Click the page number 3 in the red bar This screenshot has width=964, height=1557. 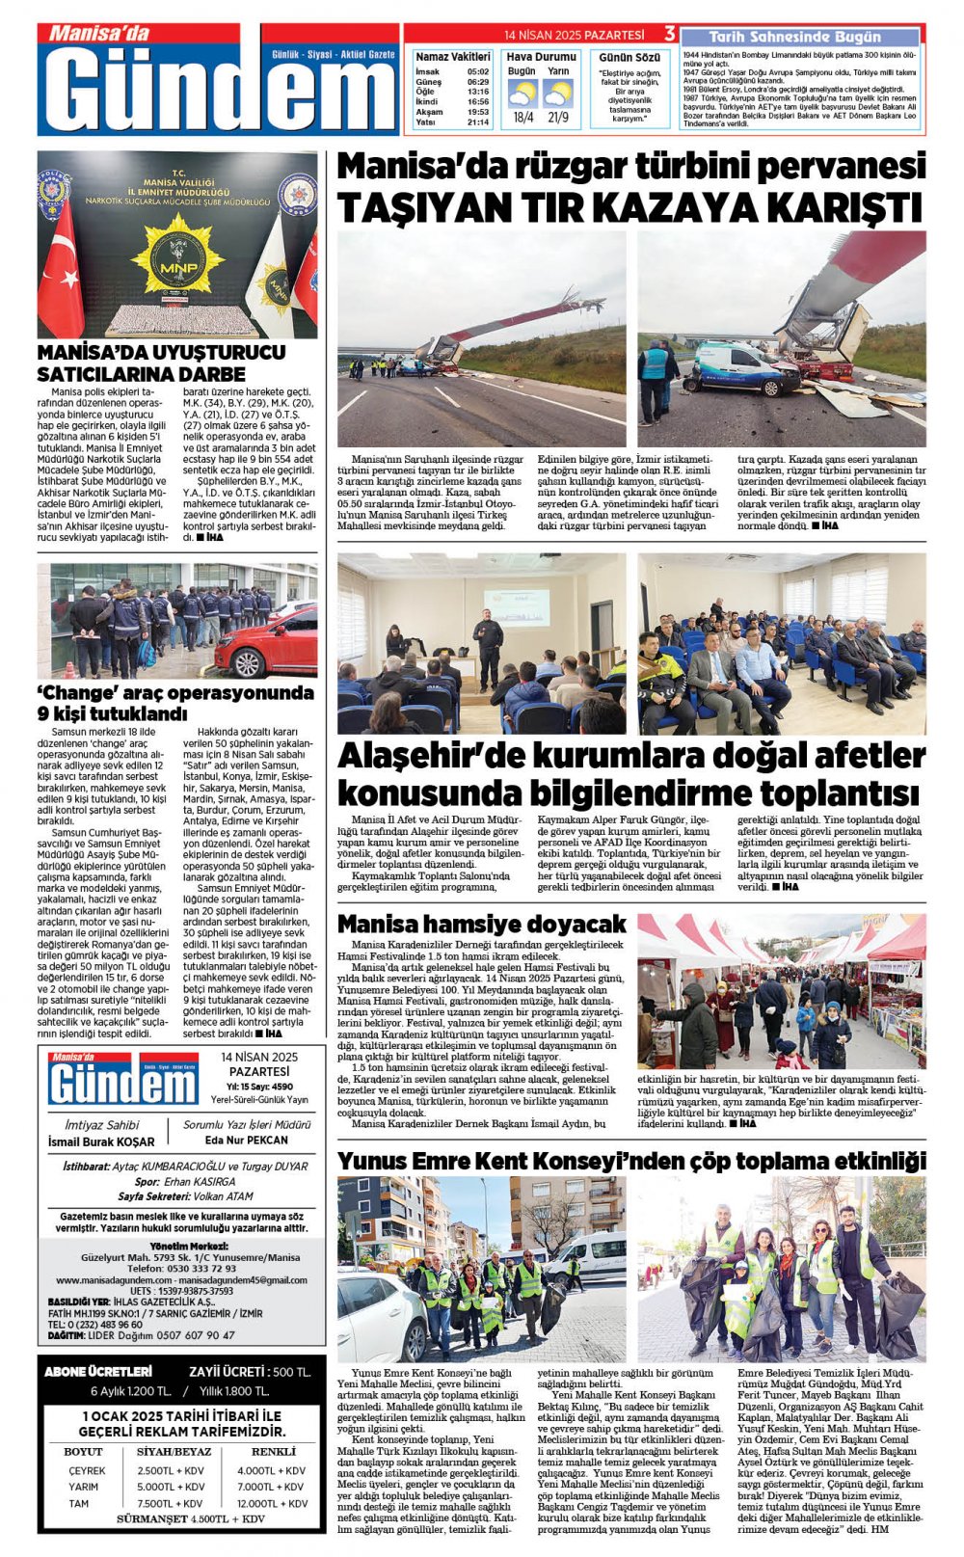coord(669,35)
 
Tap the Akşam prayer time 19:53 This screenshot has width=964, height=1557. coord(478,112)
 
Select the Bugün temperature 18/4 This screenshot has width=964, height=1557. coord(523,118)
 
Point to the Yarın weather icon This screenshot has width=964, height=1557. coord(558,94)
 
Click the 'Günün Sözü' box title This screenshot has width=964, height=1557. coord(629,58)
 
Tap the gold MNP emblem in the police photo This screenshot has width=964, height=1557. coord(177,252)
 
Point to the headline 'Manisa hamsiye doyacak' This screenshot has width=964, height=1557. coord(482,925)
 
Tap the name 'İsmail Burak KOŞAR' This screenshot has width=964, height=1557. coord(101,1141)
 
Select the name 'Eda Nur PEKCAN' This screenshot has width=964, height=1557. coord(247,1140)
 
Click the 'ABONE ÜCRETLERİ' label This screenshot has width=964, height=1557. coord(98,1371)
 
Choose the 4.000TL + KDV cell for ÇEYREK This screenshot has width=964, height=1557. coord(271,1470)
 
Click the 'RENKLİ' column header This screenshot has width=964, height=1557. coord(273,1451)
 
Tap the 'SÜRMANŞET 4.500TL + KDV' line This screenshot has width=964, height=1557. coord(190,1518)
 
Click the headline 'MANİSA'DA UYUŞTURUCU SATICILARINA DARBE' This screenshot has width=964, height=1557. coord(161,362)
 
